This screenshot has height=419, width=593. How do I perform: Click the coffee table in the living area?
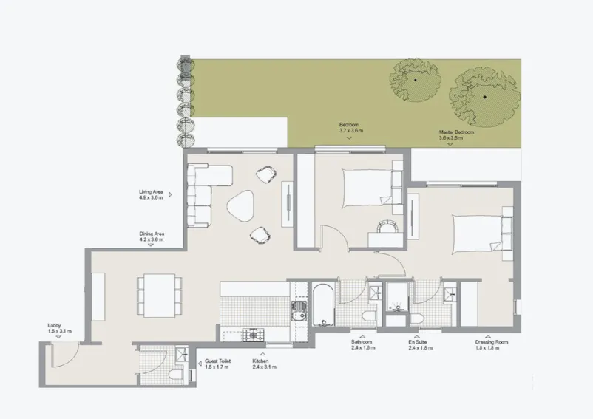coord(240,206)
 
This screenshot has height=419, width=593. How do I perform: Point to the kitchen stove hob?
coord(252,335)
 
